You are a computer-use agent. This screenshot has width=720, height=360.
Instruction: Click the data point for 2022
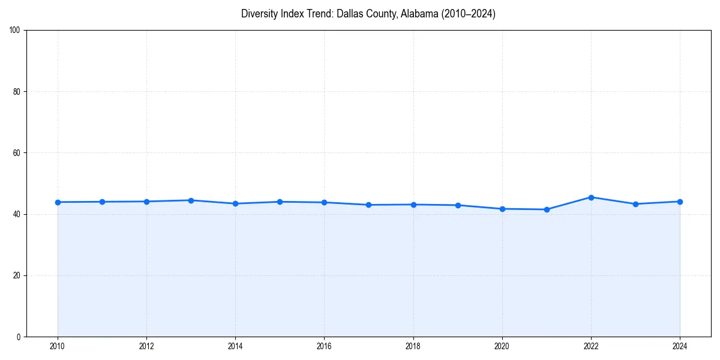point(591,197)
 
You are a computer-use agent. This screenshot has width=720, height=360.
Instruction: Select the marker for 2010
point(58,202)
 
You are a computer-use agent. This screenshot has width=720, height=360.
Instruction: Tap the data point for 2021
point(547,209)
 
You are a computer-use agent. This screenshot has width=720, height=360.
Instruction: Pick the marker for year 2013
point(191,200)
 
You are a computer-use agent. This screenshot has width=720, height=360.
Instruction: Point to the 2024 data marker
point(680,202)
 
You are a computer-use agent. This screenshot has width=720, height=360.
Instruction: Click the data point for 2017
point(369,205)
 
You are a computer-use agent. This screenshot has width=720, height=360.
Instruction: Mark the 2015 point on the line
point(280,202)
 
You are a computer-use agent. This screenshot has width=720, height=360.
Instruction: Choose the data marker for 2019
point(458,205)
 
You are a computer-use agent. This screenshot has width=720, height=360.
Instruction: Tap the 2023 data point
point(635,204)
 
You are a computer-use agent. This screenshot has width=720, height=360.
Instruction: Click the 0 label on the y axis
point(19,337)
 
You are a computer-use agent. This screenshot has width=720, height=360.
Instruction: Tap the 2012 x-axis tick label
point(146,346)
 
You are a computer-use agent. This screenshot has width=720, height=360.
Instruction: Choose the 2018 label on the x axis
point(413,346)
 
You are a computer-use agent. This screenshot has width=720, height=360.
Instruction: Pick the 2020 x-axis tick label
point(502,346)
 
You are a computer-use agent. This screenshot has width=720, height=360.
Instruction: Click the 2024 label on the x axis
point(680,346)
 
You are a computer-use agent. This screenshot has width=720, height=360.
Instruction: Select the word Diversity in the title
point(260,14)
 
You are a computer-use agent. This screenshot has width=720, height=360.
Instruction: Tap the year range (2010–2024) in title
point(469,14)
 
